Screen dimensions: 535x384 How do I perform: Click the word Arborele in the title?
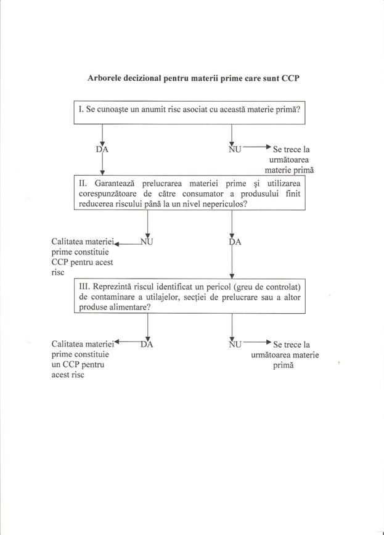click(106, 79)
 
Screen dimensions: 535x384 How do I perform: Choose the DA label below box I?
click(102, 149)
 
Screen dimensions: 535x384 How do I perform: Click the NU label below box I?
click(235, 149)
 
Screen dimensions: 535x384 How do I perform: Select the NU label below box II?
click(147, 242)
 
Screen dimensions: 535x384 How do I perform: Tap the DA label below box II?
click(235, 242)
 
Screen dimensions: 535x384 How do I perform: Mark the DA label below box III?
click(147, 344)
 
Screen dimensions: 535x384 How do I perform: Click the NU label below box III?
click(235, 344)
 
